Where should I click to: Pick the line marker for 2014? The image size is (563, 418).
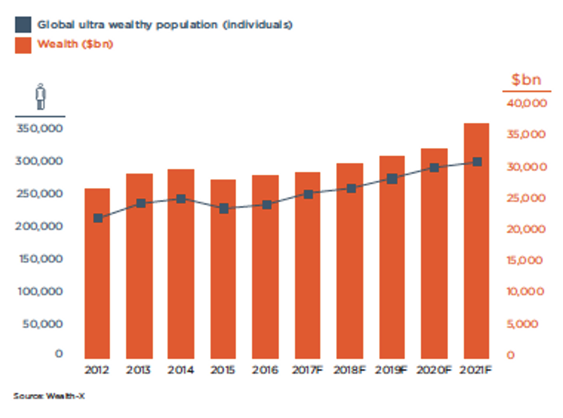(181, 199)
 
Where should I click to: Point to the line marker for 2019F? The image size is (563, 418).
(392, 179)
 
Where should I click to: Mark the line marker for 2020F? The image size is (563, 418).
(434, 168)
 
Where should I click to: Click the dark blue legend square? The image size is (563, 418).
(23, 25)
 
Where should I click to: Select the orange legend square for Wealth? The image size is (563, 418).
(23, 45)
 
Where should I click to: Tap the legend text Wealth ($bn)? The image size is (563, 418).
(75, 44)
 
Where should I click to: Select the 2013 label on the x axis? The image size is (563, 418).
(139, 370)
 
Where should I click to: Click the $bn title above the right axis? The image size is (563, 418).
(526, 80)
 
